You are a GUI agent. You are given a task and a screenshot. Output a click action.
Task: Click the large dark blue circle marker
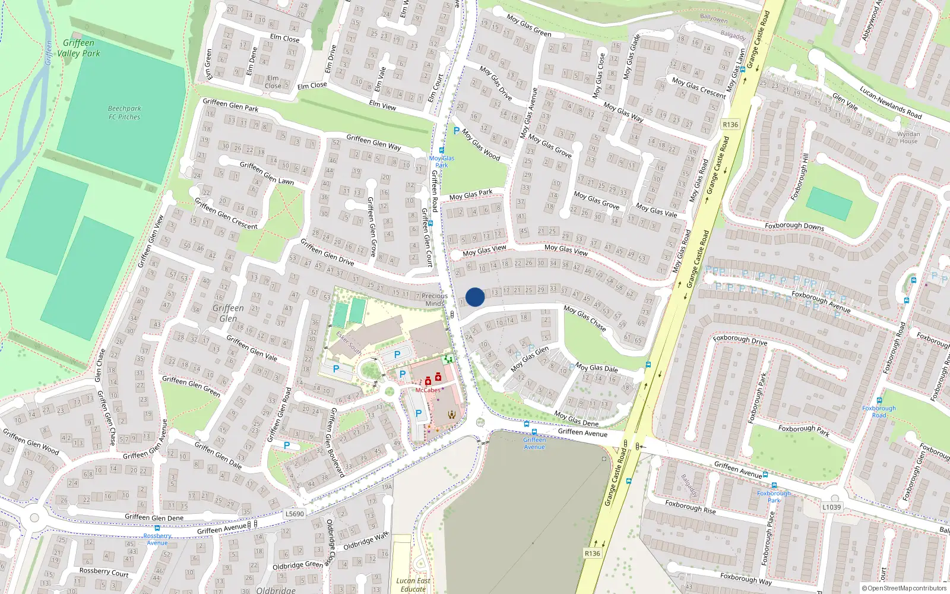[x=475, y=297]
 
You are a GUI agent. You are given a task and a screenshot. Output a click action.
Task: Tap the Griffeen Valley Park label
[x=78, y=48]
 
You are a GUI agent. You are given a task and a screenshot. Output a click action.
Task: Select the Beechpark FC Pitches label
[x=125, y=113]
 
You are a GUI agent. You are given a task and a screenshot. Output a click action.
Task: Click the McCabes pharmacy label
[x=427, y=390]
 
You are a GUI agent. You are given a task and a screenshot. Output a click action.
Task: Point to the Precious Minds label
[x=435, y=299]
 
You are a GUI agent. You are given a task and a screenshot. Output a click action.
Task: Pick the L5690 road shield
[x=294, y=514]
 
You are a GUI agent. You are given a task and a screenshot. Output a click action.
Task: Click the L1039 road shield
[x=832, y=507]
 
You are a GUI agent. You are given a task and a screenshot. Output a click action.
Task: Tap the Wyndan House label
[x=908, y=138]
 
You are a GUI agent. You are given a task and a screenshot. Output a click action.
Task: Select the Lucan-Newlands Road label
[x=891, y=103]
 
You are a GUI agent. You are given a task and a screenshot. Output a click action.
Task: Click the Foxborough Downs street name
[x=794, y=226]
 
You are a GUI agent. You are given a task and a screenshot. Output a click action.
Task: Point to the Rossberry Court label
[x=104, y=572]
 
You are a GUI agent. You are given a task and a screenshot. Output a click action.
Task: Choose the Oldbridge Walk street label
[x=366, y=541]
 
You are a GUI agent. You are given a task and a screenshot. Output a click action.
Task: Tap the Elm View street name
[x=382, y=105]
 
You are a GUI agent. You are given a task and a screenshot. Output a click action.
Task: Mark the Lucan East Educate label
[x=413, y=584]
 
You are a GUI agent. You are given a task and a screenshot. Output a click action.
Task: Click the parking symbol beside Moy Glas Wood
[x=456, y=131]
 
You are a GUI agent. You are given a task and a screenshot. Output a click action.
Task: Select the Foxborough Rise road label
[x=690, y=507]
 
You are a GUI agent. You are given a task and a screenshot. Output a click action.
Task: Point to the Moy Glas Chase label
[x=585, y=318]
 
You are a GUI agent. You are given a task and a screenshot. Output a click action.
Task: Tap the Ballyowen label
[x=713, y=18]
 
